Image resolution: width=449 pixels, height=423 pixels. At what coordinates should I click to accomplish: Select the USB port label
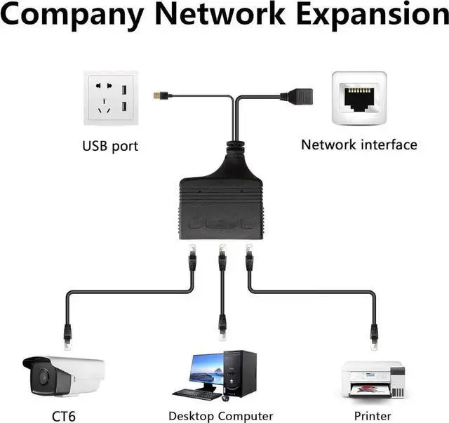tap(110, 147)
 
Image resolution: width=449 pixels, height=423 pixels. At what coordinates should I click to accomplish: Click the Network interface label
tap(358, 145)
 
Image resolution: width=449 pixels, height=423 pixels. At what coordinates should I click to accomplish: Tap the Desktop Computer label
tap(220, 416)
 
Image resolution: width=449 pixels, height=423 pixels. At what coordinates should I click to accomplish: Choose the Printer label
tap(373, 416)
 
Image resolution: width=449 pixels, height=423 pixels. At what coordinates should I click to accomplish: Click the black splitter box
tap(222, 203)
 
